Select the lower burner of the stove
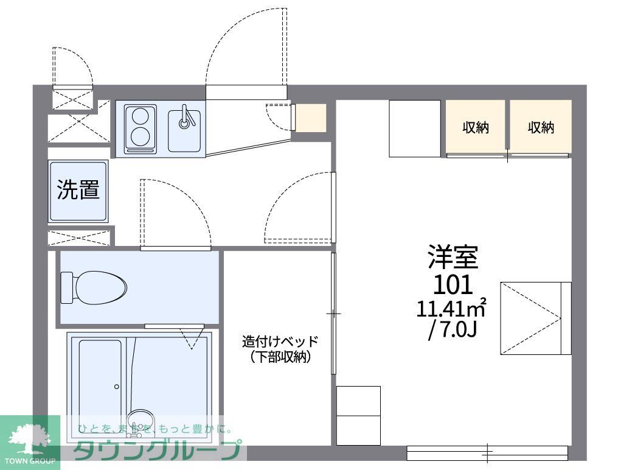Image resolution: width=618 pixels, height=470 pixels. click(141, 136)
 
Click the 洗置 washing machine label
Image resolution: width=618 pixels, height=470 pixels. click(78, 190)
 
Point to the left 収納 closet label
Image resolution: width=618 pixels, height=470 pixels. click(476, 128)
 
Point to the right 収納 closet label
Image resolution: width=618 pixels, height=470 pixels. click(541, 128)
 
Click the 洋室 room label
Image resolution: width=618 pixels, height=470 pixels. click(453, 258)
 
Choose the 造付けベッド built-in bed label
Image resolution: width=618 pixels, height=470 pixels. click(280, 341)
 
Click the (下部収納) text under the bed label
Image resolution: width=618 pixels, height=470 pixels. click(280, 357)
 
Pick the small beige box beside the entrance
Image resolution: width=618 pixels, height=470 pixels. click(311, 118)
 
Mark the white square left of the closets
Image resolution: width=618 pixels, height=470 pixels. click(415, 128)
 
